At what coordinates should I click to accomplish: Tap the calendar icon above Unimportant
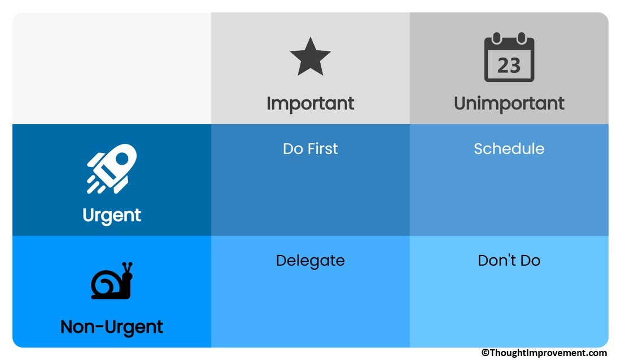click(x=509, y=57)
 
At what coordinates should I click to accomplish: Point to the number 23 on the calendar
click(x=509, y=65)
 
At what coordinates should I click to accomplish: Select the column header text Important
click(x=310, y=104)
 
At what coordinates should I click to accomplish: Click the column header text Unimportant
click(x=509, y=104)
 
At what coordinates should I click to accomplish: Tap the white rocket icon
click(x=112, y=169)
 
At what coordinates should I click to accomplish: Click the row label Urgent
click(x=112, y=216)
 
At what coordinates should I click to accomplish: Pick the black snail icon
click(x=112, y=280)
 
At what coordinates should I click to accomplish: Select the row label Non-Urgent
click(x=112, y=327)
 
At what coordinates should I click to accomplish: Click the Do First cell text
click(x=310, y=149)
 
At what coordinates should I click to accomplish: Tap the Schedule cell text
click(x=509, y=149)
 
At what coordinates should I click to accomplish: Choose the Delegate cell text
click(x=310, y=261)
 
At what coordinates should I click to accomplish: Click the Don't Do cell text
click(x=509, y=261)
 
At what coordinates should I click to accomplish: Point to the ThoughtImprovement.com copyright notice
click(x=544, y=353)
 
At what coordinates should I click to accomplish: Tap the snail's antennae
click(x=127, y=268)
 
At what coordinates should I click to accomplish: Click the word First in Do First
click(x=323, y=149)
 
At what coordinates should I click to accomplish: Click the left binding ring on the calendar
click(x=497, y=38)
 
